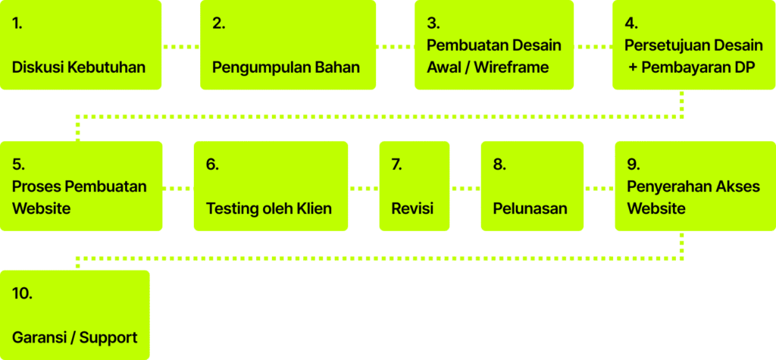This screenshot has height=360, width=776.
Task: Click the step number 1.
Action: (x=17, y=23)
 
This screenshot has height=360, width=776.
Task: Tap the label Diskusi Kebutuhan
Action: (x=79, y=67)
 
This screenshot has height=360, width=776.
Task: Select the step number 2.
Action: (x=218, y=23)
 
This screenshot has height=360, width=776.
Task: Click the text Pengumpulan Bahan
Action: (x=286, y=67)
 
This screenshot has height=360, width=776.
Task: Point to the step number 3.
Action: (x=433, y=23)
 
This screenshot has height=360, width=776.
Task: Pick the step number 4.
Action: (x=631, y=23)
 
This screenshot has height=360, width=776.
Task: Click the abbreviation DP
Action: (x=745, y=67)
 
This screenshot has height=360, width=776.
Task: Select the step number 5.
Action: (x=19, y=164)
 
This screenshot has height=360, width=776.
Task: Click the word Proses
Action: (x=36, y=186)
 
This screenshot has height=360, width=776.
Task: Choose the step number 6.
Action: (x=212, y=164)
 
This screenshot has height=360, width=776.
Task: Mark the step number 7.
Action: (x=396, y=164)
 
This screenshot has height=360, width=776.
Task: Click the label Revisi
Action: (x=412, y=208)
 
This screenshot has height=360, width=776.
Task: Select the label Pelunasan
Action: (x=530, y=208)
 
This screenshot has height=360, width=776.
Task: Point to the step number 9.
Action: (x=634, y=164)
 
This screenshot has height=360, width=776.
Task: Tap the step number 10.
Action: (x=22, y=293)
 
